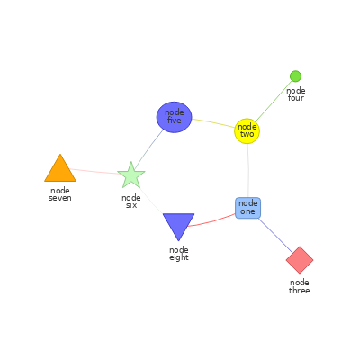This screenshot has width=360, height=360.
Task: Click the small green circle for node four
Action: [x=295, y=76]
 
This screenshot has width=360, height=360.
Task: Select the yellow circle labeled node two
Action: [x=247, y=131]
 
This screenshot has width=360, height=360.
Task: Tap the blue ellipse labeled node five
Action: [x=174, y=117]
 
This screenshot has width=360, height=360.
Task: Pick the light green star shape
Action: [x=131, y=175]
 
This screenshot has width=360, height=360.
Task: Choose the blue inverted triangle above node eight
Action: [x=178, y=224]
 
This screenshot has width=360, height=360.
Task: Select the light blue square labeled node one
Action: [x=247, y=208]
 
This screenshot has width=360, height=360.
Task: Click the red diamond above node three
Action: [x=300, y=260]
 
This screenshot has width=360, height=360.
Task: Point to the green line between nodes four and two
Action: [x=274, y=101]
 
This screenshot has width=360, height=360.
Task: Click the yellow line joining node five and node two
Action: [x=213, y=122]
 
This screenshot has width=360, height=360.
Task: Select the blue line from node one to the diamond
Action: [x=275, y=236]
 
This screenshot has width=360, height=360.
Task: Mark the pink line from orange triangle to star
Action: [x=95, y=172]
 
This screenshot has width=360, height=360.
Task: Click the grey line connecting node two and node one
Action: [x=248, y=170]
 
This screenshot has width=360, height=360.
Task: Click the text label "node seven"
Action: [x=60, y=194]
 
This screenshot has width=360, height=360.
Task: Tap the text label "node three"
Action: [x=300, y=286]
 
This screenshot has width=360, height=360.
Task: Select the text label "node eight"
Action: [x=179, y=254]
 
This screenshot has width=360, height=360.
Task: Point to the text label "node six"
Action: [x=131, y=202]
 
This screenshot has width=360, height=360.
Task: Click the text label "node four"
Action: [x=296, y=94]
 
